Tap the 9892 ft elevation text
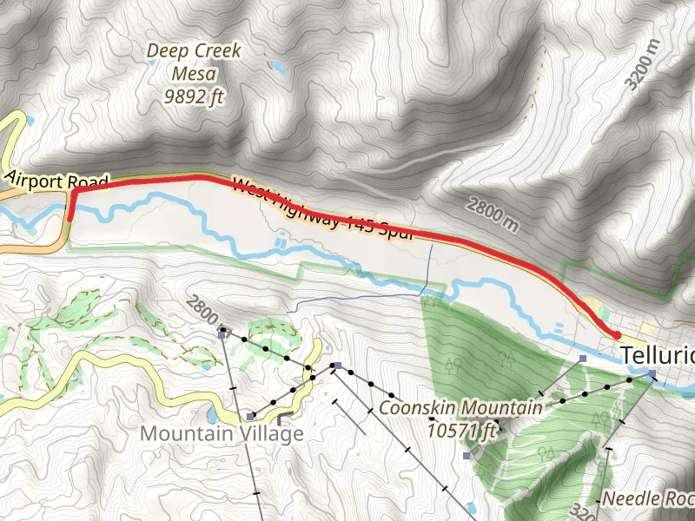pyautogui.click(x=194, y=96)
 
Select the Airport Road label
pyautogui.click(x=57, y=180)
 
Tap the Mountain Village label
pyautogui.click(x=222, y=432)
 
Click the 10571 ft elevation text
pyautogui.click(x=461, y=429)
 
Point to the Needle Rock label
pyautogui.click(x=647, y=498)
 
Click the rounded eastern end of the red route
pyautogui.click(x=616, y=334)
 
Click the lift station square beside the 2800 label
pyautogui.click(x=222, y=331)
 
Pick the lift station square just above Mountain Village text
pyautogui.click(x=249, y=416)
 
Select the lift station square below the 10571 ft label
pyautogui.click(x=467, y=455)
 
